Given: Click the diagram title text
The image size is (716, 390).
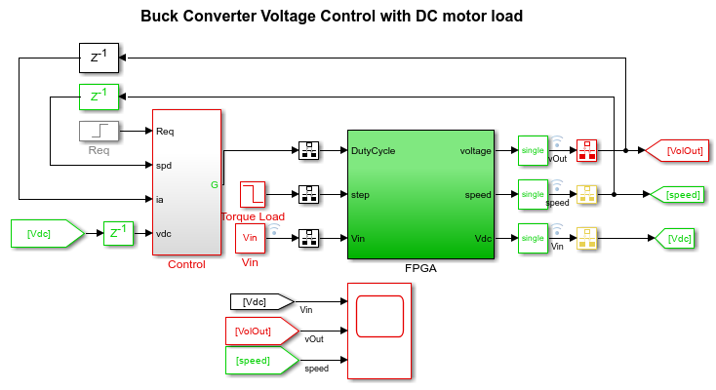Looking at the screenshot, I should point(332,17).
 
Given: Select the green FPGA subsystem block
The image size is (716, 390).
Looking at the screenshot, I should point(418,195).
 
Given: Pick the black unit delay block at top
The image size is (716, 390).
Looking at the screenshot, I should point(99,58).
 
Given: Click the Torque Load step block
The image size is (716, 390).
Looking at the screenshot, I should point(253,194).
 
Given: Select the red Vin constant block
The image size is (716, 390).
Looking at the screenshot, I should point(250,237).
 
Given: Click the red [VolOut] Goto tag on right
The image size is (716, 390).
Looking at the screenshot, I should point(681,151).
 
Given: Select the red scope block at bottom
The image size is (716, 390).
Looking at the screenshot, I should point(379,330).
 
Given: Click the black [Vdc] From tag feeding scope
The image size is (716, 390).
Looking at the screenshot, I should point(260,301).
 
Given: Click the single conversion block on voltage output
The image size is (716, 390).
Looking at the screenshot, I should point(533,151).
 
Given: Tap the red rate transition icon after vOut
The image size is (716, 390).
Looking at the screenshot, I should point(587,151).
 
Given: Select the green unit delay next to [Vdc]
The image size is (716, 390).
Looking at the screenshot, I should point(118,234).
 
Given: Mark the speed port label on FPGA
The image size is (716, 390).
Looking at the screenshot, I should point(477,195).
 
